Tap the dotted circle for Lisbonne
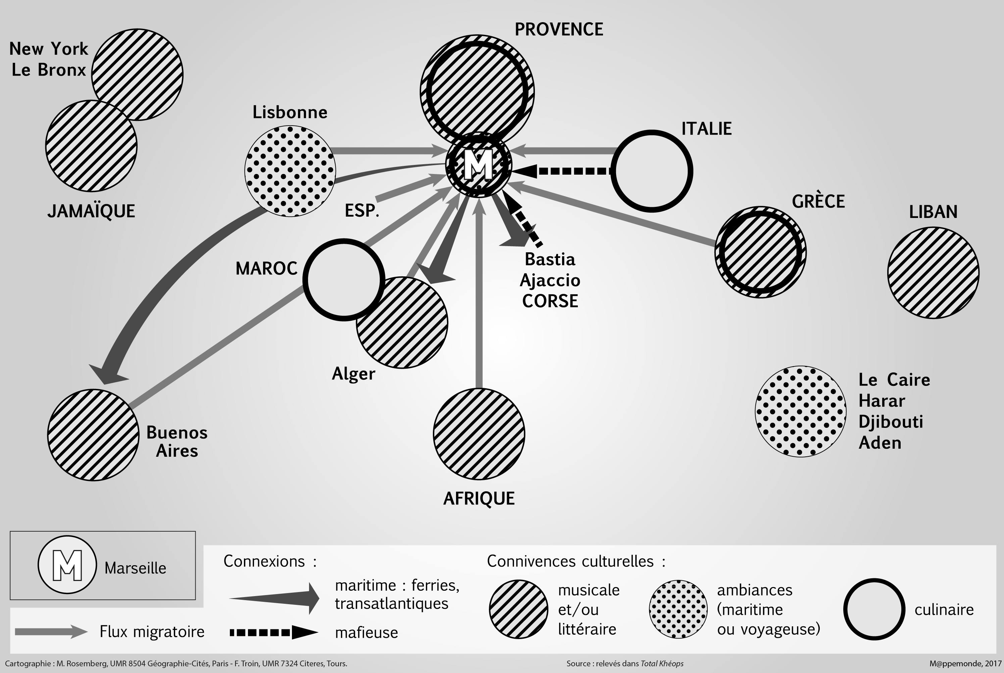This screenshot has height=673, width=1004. click(290, 171)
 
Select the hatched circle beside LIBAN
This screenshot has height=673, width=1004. click(933, 273)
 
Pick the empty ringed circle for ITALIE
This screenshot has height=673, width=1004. click(651, 171)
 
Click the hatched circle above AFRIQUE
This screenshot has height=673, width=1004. click(479, 434)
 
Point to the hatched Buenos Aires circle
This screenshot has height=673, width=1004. click(93, 435)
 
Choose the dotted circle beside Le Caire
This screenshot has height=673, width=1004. click(800, 411)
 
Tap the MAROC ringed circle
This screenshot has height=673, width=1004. click(344, 279)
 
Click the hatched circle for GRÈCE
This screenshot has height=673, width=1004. click(760, 252)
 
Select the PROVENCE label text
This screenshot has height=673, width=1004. click(558, 30)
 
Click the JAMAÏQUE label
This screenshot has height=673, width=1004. click(91, 211)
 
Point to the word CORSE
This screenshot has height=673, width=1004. click(550, 301)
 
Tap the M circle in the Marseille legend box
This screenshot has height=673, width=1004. click(67, 565)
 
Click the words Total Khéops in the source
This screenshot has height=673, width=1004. click(662, 664)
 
